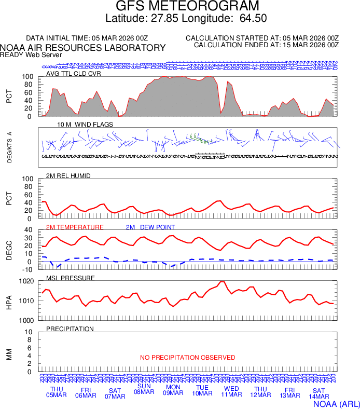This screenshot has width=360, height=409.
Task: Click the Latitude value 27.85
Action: (164, 19)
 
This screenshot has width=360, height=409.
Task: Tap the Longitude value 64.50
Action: (253, 19)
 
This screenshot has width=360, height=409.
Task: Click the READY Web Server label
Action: (31, 54)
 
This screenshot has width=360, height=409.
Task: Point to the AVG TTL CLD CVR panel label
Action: (74, 74)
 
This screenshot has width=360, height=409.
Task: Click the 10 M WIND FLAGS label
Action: (85, 125)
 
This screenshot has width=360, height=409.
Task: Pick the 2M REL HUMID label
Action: (68, 176)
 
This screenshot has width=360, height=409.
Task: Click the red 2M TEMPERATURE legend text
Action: (75, 227)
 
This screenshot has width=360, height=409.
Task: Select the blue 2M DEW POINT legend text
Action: (150, 227)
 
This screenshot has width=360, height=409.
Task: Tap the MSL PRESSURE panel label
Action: (71, 278)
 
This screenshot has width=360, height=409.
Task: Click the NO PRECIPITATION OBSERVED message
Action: (188, 358)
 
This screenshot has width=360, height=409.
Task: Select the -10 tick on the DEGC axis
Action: (29, 269)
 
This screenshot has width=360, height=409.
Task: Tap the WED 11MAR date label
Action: (231, 392)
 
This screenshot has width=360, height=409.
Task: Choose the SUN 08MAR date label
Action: (144, 389)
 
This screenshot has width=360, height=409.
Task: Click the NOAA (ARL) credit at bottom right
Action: (335, 403)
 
